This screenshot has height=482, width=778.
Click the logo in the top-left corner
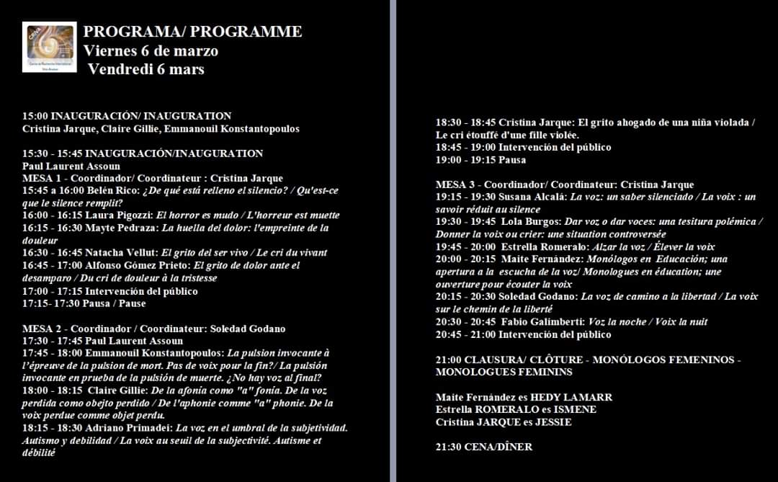tap(49, 48)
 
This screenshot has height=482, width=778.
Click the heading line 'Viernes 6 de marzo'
tap(151, 51)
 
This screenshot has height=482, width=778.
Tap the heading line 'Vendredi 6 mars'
tap(146, 69)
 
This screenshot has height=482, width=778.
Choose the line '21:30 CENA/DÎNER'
tap(484, 447)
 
